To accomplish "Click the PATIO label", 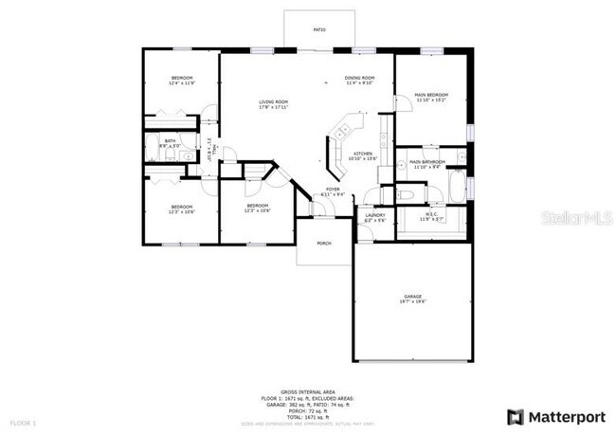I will [320, 30].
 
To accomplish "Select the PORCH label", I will [324, 242].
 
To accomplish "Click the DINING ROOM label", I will [360, 78].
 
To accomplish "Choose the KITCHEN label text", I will [361, 153].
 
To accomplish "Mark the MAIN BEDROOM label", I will [431, 95].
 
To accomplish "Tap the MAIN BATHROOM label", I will [427, 162].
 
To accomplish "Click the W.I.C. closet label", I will [430, 213].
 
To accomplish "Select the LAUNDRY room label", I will [374, 215].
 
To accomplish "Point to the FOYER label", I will [333, 189].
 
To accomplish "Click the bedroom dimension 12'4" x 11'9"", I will [182, 83].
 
